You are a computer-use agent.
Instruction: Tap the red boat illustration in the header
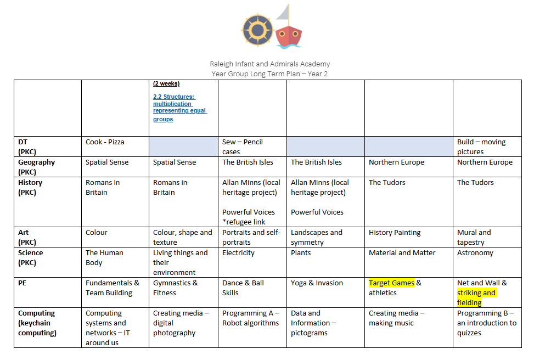click(288, 33)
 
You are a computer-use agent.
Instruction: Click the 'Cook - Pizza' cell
click(105, 142)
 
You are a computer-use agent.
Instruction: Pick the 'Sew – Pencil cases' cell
click(243, 147)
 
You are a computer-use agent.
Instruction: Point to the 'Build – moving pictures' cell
click(482, 147)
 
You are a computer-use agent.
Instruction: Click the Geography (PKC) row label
click(37, 167)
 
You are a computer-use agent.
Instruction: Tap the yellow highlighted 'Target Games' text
click(391, 283)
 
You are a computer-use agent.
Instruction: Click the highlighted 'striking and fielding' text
click(476, 297)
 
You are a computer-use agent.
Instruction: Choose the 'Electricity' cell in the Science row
click(238, 253)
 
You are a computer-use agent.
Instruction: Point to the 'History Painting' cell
click(395, 233)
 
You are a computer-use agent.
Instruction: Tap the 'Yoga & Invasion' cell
click(317, 283)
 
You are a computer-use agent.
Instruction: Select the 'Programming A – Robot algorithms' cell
click(250, 318)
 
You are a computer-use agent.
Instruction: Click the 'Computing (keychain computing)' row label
click(37, 323)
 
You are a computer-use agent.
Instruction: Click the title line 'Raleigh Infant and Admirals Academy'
click(269, 64)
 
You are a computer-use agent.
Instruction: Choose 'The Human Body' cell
click(104, 257)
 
